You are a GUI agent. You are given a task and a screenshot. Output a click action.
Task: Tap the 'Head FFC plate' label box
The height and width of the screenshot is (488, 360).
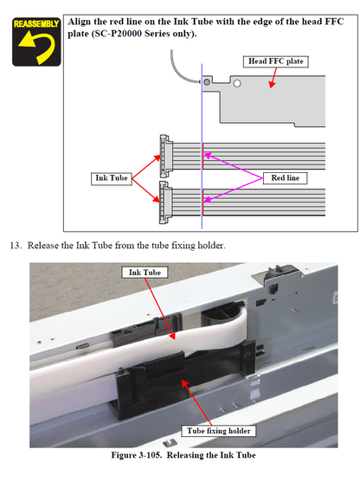pyautogui.click(x=274, y=61)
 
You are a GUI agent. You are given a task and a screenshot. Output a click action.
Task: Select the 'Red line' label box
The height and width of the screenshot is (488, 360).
pyautogui.click(x=286, y=177)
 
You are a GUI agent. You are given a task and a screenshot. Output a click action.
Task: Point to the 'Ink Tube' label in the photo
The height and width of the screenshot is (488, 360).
pyautogui.click(x=146, y=272)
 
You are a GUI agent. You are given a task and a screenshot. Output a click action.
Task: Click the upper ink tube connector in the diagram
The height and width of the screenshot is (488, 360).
pyautogui.click(x=165, y=152)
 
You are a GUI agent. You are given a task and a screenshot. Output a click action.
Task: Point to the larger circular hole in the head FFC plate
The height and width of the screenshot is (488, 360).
pyautogui.click(x=236, y=85)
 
